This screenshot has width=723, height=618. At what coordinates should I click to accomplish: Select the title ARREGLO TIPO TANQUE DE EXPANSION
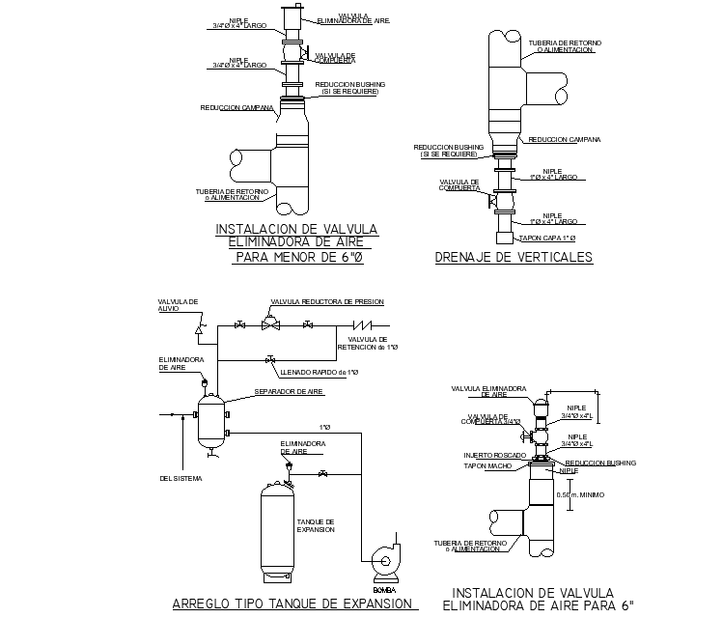[x=294, y=604]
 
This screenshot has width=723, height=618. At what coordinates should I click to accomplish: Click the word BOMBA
[x=383, y=589]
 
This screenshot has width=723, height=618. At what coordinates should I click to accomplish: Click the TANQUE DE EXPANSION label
[x=315, y=525]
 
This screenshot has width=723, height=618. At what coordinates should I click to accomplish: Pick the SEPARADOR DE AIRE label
[x=288, y=392]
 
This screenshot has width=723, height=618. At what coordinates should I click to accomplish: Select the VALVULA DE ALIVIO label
[x=179, y=305]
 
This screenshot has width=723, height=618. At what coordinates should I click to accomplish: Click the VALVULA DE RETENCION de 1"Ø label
[x=373, y=343]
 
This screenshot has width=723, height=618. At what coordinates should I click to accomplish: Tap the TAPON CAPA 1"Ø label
[x=547, y=237]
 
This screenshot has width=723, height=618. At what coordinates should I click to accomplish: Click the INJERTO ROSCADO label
[x=494, y=454]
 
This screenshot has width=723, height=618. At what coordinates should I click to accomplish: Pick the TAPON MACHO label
[x=487, y=465]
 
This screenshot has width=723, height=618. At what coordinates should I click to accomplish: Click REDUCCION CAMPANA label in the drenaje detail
[x=565, y=139]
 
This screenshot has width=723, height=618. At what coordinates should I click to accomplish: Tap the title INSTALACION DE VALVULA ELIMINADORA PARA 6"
[x=540, y=599]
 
